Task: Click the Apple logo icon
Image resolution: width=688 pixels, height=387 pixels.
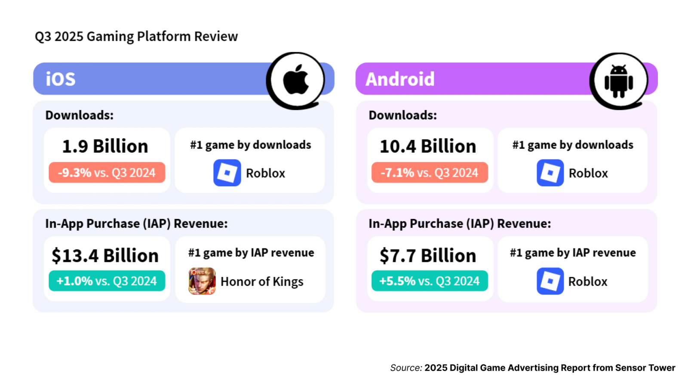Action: point(296,80)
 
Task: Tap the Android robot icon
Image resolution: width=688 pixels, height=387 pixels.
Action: point(619,81)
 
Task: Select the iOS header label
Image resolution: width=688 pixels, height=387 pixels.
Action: point(61,79)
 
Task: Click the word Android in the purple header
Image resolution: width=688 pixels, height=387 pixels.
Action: point(400,79)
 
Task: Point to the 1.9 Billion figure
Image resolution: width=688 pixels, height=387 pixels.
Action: point(105,146)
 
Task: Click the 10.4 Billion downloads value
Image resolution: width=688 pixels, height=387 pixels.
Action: point(428,146)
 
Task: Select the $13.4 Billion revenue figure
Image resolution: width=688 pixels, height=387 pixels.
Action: point(105,255)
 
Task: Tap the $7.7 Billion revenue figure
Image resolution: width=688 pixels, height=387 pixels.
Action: point(428,255)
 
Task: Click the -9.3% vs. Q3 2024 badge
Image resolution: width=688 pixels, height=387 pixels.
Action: point(107,172)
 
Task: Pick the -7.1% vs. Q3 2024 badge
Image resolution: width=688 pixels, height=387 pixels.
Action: point(430,172)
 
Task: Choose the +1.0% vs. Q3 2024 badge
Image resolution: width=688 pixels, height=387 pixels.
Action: point(107,281)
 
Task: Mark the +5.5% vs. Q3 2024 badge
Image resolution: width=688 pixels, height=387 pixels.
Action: point(430,281)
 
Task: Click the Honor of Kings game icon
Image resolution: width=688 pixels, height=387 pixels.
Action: point(202,281)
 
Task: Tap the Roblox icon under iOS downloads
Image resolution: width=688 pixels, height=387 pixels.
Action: point(227,173)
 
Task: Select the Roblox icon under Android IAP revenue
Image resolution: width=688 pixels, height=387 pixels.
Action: point(550,281)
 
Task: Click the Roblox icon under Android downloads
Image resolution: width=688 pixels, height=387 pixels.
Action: point(550,173)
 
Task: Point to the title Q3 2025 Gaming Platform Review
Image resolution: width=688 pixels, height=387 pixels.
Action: point(136,37)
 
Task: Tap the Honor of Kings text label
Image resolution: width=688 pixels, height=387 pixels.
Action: point(262,282)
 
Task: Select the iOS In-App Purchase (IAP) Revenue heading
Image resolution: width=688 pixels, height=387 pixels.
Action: point(136,224)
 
